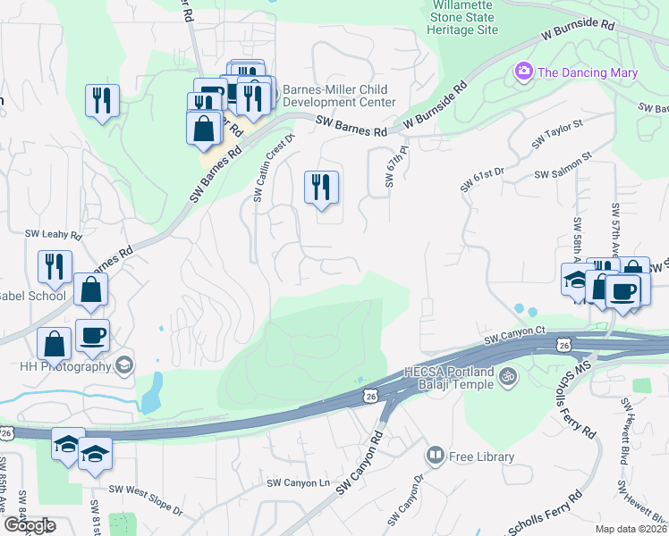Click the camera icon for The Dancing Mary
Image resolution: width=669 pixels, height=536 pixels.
(523, 71)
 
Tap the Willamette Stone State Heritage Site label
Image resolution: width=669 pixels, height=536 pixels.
(463, 18)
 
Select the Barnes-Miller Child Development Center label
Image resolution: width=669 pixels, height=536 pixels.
(338, 96)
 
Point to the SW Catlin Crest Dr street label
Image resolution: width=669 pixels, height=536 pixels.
(274, 168)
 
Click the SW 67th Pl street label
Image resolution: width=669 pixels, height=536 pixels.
(390, 168)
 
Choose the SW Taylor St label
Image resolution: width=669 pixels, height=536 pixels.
(556, 134)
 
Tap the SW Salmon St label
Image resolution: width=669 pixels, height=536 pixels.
(563, 167)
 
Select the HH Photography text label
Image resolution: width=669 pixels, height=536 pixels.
(57, 364)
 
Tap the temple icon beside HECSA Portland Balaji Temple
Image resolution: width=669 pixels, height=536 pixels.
(507, 375)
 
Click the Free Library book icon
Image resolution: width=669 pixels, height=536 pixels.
(435, 456)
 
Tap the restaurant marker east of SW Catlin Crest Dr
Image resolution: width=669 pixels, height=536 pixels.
(321, 187)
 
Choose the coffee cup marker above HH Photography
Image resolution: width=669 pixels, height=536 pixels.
(93, 335)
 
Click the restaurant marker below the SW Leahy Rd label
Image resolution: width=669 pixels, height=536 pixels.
(55, 266)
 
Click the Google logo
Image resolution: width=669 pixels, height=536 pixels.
(30, 525)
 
